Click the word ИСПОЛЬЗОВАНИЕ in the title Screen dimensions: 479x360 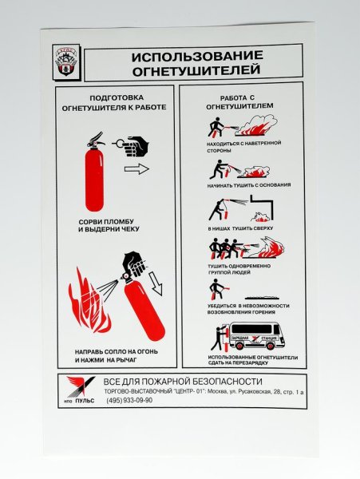(x=192, y=59)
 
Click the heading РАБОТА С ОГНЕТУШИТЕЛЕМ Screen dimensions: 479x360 (x=240, y=101)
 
